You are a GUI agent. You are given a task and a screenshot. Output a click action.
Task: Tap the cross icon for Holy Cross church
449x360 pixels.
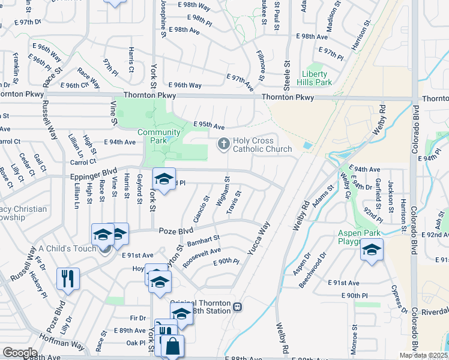(x=223, y=143)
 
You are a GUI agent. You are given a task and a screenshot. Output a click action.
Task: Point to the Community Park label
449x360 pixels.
(x=159, y=132)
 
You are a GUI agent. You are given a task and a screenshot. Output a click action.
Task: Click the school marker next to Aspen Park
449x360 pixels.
(x=372, y=250)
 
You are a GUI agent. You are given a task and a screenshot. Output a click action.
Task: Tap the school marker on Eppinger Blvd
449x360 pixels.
(x=164, y=179)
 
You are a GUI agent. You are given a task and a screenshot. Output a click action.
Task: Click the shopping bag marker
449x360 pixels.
(x=172, y=347)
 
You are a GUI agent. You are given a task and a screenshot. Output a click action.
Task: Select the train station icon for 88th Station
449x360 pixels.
(x=238, y=307)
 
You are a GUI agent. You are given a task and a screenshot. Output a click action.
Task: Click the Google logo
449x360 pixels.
(x=20, y=353)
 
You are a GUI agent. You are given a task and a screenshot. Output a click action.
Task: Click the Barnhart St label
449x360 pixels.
(x=204, y=241)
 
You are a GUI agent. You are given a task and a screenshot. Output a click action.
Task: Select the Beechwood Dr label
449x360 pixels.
(x=316, y=264)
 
